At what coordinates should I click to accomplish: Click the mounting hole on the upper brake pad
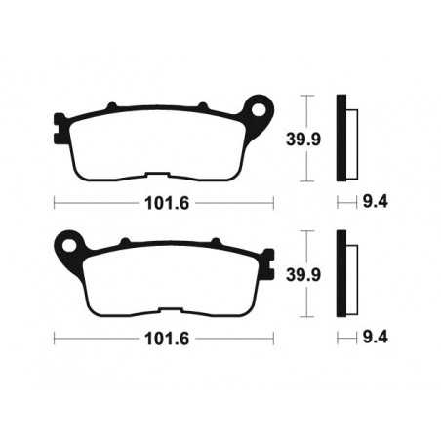pyautogui.click(x=259, y=105)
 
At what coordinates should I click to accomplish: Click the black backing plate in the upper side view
pyautogui.click(x=341, y=138)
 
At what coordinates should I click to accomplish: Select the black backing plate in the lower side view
pyautogui.click(x=341, y=274)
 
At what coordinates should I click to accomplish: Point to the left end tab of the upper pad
pyautogui.click(x=60, y=124)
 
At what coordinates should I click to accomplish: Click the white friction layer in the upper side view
pyautogui.click(x=351, y=138)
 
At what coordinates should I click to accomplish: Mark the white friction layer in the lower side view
pyautogui.click(x=351, y=274)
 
